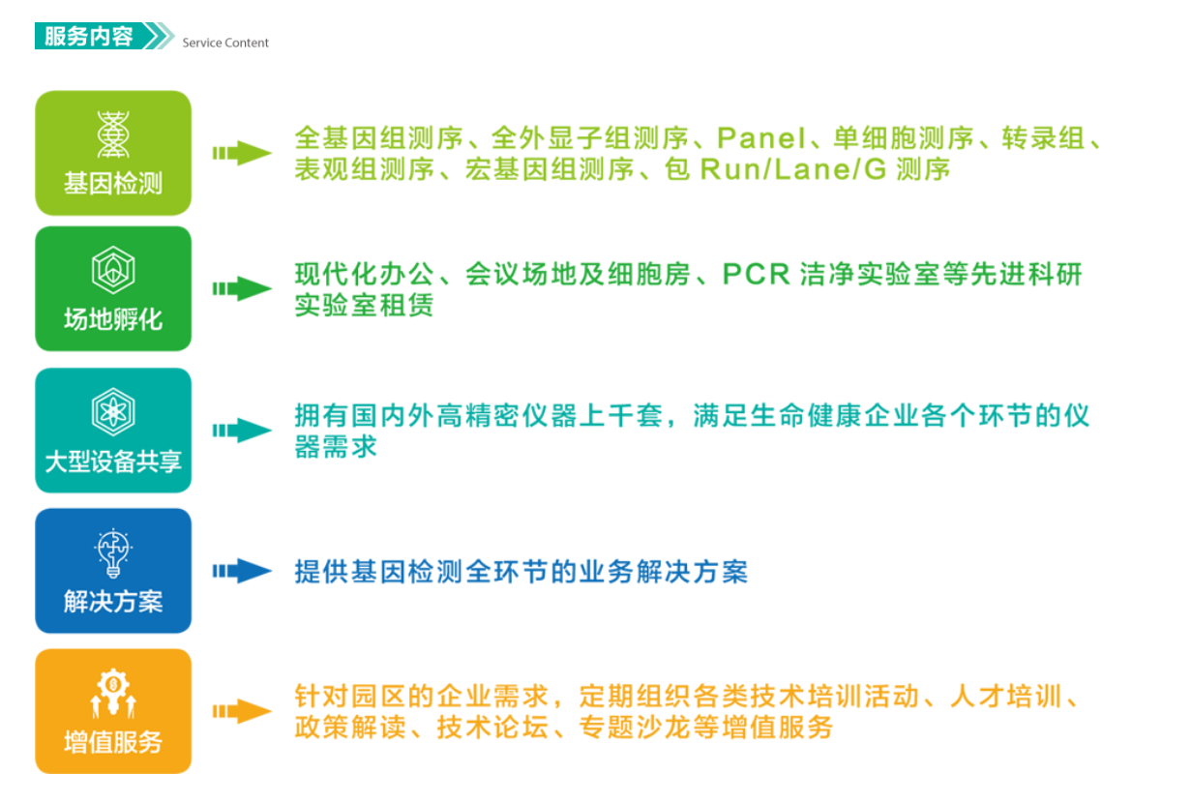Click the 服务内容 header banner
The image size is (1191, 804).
(104, 36)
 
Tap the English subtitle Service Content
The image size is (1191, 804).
(225, 43)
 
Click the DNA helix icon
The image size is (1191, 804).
(113, 134)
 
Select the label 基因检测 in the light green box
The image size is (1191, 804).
(113, 184)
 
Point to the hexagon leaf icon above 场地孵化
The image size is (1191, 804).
(113, 270)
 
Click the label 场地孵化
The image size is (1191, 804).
(113, 319)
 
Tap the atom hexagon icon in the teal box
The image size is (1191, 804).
(113, 412)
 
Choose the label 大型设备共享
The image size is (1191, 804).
(113, 462)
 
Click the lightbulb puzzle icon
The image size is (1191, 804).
(113, 553)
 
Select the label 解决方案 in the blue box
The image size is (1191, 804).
(113, 602)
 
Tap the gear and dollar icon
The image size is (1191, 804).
(113, 693)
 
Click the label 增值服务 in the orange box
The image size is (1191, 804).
(113, 742)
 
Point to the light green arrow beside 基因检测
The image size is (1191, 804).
(242, 153)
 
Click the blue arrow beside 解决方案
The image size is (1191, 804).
(242, 571)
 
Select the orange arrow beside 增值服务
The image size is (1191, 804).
(242, 711)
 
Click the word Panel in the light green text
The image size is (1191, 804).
(761, 138)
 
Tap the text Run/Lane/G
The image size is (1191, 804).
(793, 169)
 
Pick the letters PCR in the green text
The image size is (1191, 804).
(756, 275)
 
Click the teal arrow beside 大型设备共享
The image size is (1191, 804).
(242, 431)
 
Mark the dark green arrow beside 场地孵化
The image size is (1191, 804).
(242, 288)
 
